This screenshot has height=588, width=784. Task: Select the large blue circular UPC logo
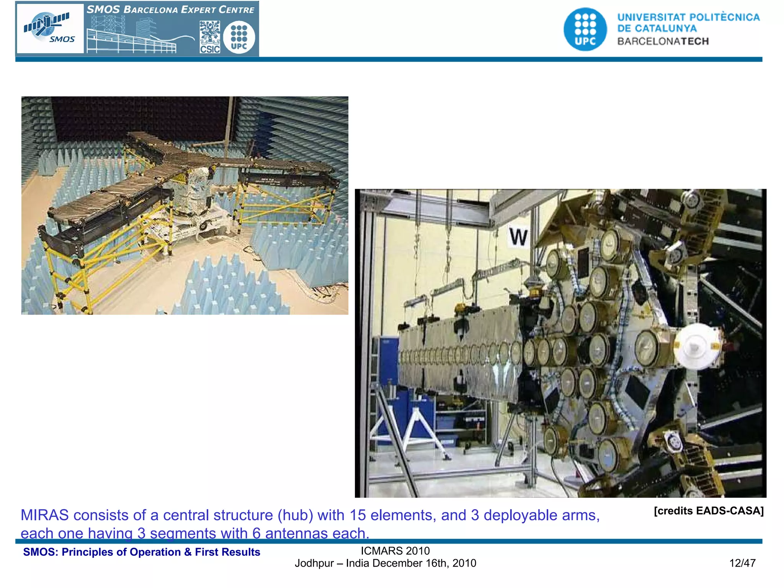coord(585,29)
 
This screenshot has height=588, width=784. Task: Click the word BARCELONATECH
coord(663,41)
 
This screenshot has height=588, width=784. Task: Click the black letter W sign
coord(518,237)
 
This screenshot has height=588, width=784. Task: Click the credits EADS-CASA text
coord(709,511)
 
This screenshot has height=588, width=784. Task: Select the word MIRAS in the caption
coord(45,515)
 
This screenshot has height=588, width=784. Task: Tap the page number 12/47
coord(742,563)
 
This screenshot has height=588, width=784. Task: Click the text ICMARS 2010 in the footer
coord(395,551)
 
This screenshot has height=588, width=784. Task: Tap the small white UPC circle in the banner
coord(239,37)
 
